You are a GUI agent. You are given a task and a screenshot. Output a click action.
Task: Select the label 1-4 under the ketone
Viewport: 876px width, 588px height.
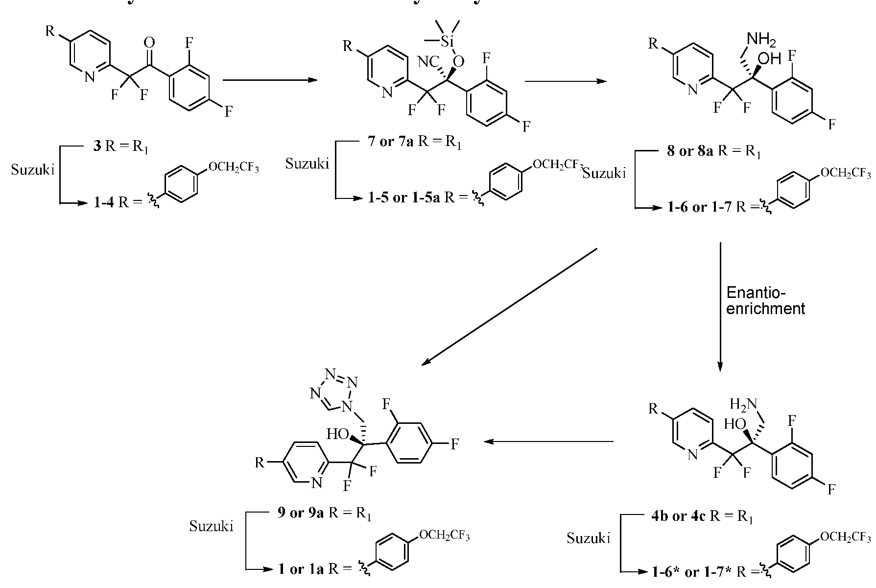[x=104, y=202]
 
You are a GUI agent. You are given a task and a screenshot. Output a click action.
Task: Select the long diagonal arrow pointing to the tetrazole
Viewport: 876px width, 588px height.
[x=509, y=307]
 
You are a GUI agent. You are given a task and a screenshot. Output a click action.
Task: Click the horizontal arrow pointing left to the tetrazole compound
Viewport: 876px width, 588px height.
[x=548, y=442]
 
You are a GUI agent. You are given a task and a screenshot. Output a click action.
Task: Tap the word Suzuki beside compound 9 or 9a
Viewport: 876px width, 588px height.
[x=211, y=526]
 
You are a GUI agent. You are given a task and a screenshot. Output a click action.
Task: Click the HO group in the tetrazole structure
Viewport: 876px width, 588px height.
[x=338, y=434]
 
